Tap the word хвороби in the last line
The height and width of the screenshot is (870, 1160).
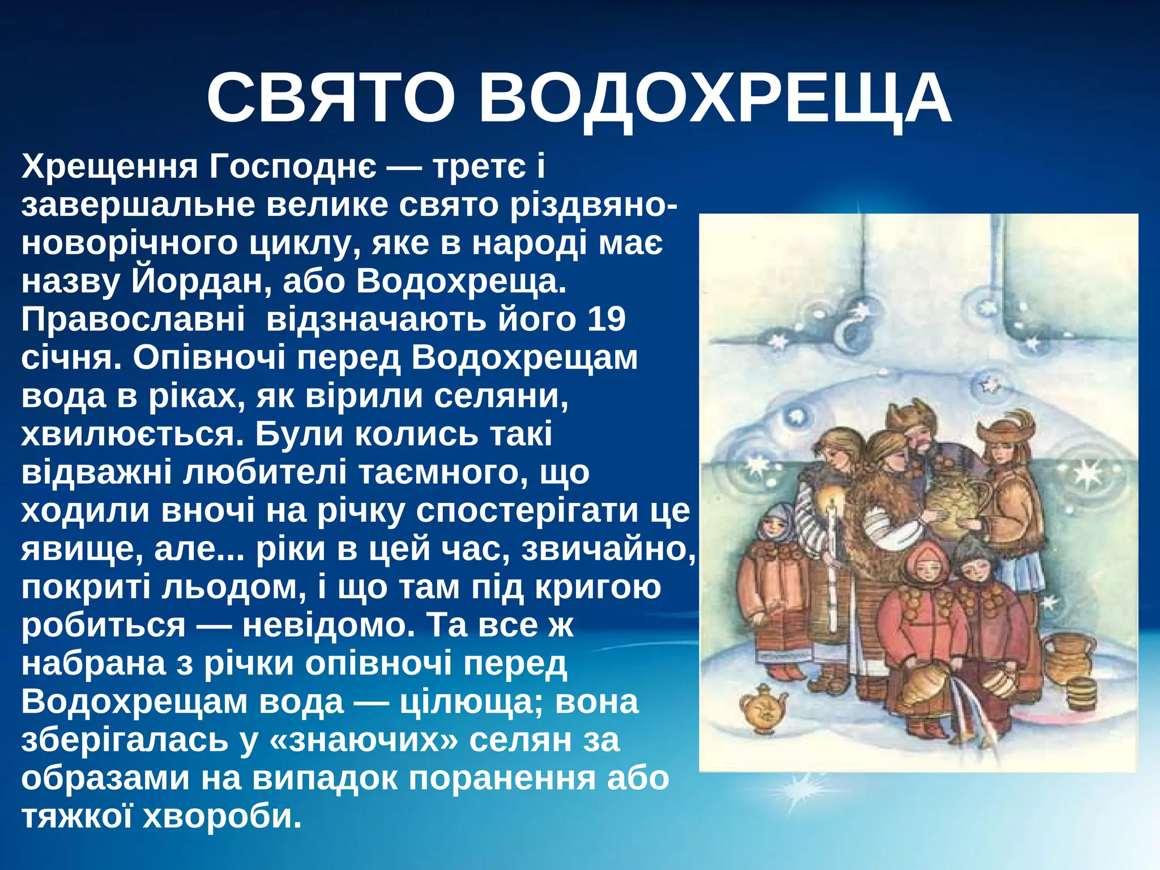[222, 816]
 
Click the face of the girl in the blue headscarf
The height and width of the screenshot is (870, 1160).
[771, 528]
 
